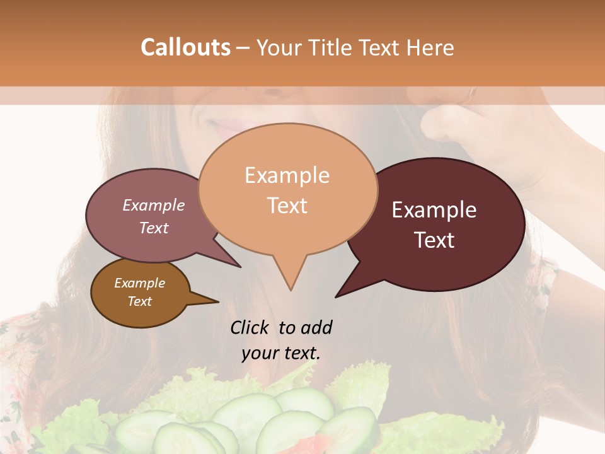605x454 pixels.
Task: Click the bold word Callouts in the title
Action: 185,47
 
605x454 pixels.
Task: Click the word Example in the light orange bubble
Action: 287,175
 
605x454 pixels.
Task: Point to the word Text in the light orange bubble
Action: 287,206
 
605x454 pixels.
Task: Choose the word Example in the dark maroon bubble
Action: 434,210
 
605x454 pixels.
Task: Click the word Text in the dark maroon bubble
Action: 435,240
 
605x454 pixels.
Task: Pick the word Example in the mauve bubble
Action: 154,205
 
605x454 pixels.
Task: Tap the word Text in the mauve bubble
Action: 154,228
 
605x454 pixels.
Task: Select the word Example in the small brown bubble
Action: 139,283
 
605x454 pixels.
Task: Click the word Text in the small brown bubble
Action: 139,301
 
